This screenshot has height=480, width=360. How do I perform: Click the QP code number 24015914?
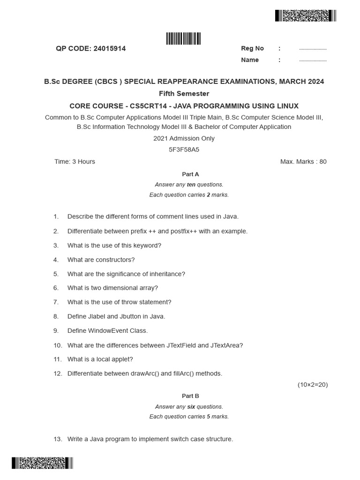click(x=110, y=48)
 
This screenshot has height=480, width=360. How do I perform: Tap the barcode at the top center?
click(x=183, y=39)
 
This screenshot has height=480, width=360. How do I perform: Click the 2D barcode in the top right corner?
click(x=306, y=16)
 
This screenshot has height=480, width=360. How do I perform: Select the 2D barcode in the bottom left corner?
click(x=43, y=464)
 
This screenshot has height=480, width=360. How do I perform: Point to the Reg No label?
click(x=252, y=48)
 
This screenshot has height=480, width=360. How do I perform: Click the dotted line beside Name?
click(x=313, y=60)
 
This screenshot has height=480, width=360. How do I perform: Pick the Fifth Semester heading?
click(x=184, y=94)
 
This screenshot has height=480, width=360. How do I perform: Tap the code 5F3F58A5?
click(x=184, y=150)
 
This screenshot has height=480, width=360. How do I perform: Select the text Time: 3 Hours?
click(x=75, y=162)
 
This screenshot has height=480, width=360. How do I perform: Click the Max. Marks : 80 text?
click(x=303, y=162)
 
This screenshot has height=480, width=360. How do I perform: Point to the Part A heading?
click(x=190, y=174)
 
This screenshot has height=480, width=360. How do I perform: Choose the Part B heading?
click(x=190, y=396)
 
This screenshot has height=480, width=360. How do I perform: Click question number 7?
click(x=56, y=302)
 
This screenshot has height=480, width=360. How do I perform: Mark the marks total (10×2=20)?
click(x=313, y=385)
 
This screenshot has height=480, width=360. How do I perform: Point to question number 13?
click(x=58, y=439)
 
